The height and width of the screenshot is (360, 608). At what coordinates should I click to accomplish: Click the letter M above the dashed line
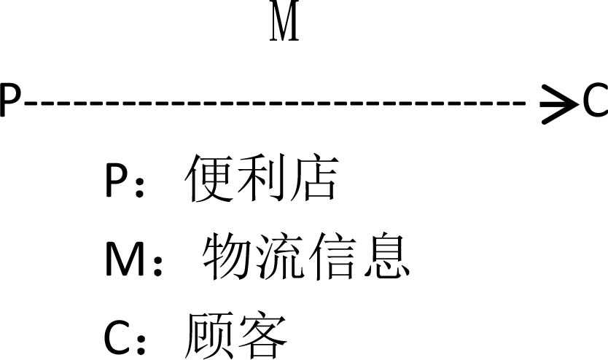tap(285, 23)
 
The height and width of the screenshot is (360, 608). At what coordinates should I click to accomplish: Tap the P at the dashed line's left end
tap(10, 101)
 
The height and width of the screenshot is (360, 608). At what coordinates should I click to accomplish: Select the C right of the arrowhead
tap(595, 101)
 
